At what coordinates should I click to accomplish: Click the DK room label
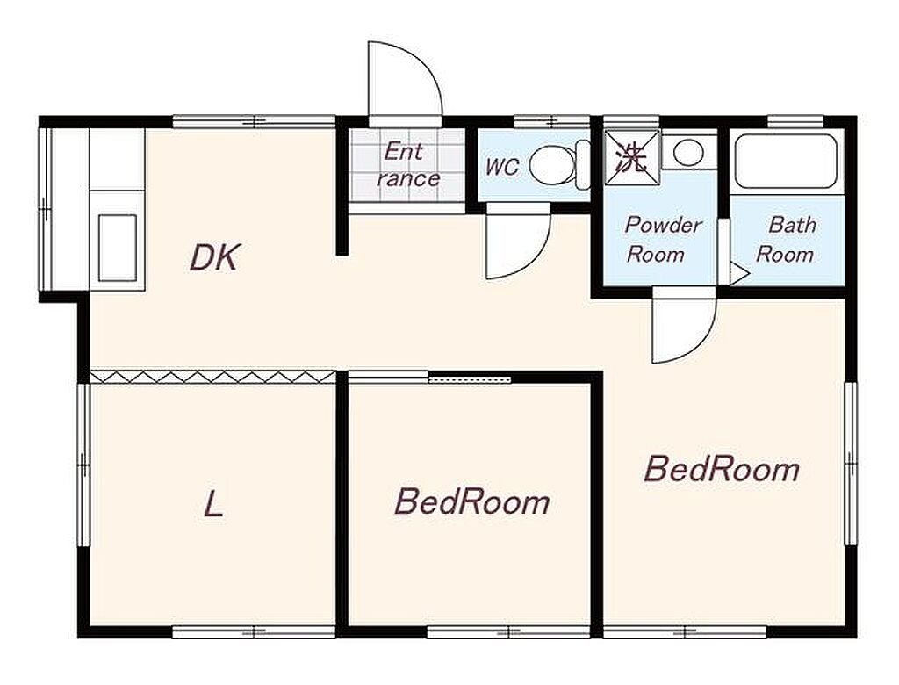(214, 257)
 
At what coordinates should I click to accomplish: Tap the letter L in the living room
(214, 506)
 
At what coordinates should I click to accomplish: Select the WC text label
(502, 167)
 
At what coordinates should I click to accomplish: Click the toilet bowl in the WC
(551, 166)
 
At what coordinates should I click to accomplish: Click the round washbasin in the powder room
(688, 152)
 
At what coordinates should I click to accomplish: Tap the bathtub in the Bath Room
(786, 162)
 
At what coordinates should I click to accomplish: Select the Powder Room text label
(661, 239)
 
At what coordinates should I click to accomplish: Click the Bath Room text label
(786, 239)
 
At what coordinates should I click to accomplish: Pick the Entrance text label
(407, 165)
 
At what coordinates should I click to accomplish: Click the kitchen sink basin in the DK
(118, 248)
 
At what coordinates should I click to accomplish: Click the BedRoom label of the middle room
(471, 501)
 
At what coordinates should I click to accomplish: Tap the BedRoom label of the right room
(722, 469)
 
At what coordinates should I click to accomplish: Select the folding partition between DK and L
(212, 377)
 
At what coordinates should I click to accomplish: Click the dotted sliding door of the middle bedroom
(469, 379)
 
